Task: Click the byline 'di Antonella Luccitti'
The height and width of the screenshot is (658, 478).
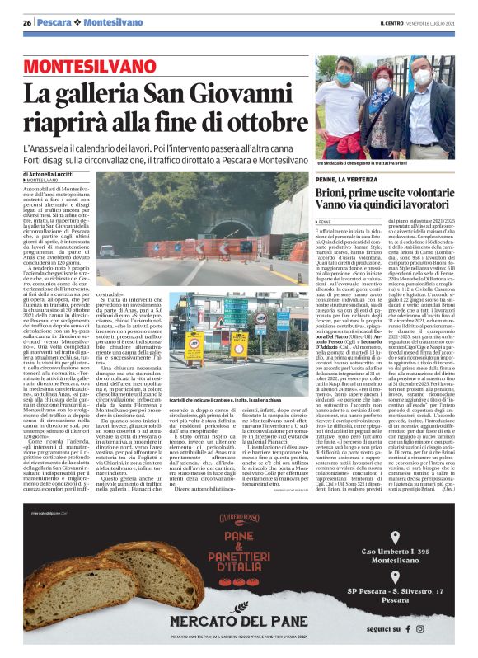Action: [x=55, y=175]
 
